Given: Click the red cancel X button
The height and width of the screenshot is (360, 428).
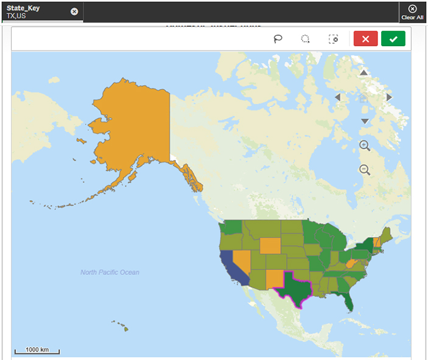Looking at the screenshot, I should click(365, 39).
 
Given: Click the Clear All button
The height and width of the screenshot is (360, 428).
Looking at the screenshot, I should click(412, 12).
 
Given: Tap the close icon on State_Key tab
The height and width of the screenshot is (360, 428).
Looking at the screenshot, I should click(74, 12).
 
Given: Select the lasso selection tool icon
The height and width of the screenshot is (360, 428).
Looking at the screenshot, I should click(278, 39).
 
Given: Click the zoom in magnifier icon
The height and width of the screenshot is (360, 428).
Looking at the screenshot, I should click(365, 145).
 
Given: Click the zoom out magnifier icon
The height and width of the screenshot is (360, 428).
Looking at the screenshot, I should click(365, 170).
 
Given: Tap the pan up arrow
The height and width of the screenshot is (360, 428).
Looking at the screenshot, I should click(363, 73).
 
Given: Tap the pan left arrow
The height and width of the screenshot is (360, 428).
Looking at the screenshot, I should click(337, 97).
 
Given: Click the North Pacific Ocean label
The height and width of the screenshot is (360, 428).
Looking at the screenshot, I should click(110, 272).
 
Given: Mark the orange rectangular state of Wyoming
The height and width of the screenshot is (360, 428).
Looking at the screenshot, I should click(270, 245).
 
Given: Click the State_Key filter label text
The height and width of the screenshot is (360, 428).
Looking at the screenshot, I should click(23, 8).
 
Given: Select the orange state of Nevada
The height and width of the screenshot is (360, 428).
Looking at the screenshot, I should click(240, 261).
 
